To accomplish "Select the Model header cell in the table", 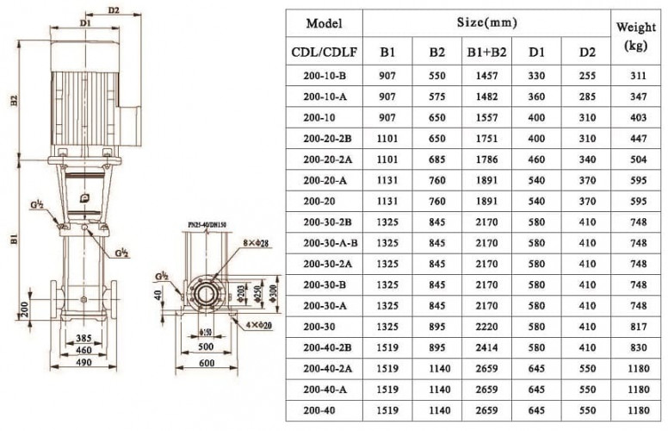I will [x=324, y=23].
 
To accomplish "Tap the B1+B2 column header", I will [x=486, y=52].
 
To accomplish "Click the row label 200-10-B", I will [x=324, y=75].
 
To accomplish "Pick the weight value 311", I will [x=637, y=75].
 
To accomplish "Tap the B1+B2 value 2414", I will [x=486, y=348].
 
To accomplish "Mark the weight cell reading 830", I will [x=637, y=348].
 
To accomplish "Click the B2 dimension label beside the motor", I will [x=13, y=102].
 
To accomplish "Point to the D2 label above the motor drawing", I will [x=114, y=10].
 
